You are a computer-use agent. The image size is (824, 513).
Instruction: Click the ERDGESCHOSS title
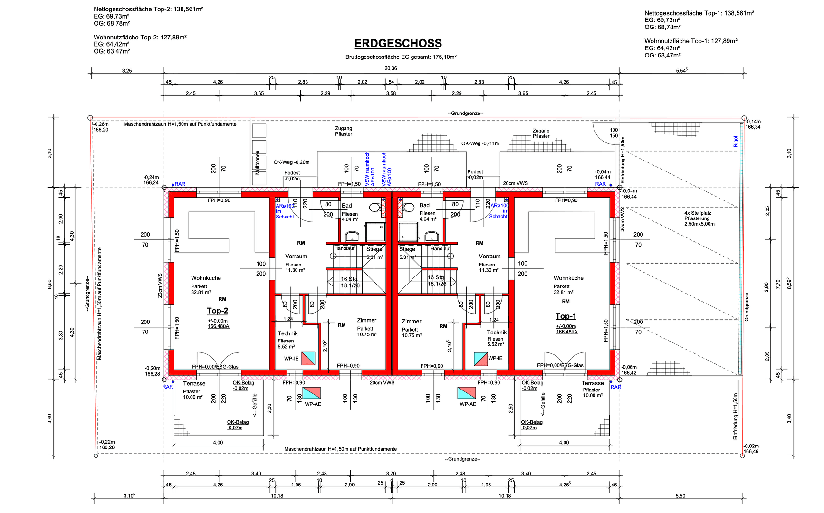click(x=398, y=44)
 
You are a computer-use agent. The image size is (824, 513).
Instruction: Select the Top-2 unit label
click(x=217, y=311)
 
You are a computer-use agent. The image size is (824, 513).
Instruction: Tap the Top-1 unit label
click(x=565, y=316)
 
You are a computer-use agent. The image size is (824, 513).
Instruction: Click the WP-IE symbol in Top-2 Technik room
click(x=308, y=358)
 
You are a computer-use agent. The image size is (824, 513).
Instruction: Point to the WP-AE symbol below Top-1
click(x=467, y=393)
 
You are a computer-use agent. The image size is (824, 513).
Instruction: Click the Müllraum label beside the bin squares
click(x=258, y=163)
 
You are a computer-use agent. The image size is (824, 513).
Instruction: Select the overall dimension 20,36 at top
click(x=391, y=68)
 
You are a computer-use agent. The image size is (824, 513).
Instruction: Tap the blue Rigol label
click(x=736, y=141)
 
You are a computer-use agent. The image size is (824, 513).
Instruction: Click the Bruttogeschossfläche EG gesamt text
click(x=401, y=57)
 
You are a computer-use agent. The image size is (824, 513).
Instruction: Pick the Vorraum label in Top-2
click(x=296, y=256)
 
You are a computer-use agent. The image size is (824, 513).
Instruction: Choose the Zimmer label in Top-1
click(x=412, y=321)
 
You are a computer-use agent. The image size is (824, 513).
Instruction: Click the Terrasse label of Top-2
click(x=194, y=384)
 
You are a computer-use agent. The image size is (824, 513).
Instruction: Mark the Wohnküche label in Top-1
click(x=568, y=278)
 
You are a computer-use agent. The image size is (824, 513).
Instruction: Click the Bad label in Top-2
click(x=347, y=206)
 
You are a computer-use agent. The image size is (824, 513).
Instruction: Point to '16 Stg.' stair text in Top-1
click(x=436, y=277)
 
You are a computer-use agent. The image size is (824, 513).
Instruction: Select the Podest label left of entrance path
click(x=292, y=173)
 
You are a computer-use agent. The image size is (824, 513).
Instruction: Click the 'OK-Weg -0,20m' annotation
click(x=291, y=162)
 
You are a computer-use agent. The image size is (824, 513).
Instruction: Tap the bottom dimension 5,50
click(x=680, y=496)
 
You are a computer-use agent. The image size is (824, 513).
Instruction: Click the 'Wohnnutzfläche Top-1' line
click(x=690, y=41)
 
